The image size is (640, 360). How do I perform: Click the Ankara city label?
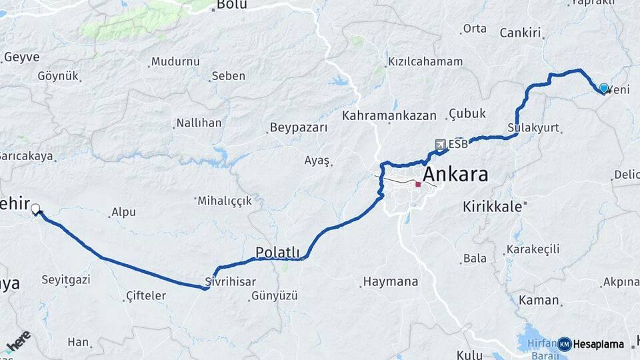point(455,175)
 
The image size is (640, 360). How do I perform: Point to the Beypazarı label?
point(299,127)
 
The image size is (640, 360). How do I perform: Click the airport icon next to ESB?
point(440,145)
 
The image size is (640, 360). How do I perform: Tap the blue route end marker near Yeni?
point(604,88)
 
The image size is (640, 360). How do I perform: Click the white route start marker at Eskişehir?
point(35,209)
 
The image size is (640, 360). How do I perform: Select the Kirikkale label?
point(492,207)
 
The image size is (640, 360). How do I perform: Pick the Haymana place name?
point(391,282)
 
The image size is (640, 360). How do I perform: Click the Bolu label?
point(232,5)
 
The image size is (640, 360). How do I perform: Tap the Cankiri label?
point(519,33)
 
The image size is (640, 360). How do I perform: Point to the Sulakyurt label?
point(533,127)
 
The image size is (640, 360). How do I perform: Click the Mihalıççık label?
point(225,200)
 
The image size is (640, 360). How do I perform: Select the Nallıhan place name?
point(198,123)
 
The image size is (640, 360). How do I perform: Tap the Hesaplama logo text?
point(598,344)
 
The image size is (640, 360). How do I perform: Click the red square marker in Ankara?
point(418,184)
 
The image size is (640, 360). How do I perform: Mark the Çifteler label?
point(145,295)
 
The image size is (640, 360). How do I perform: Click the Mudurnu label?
point(175,61)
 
